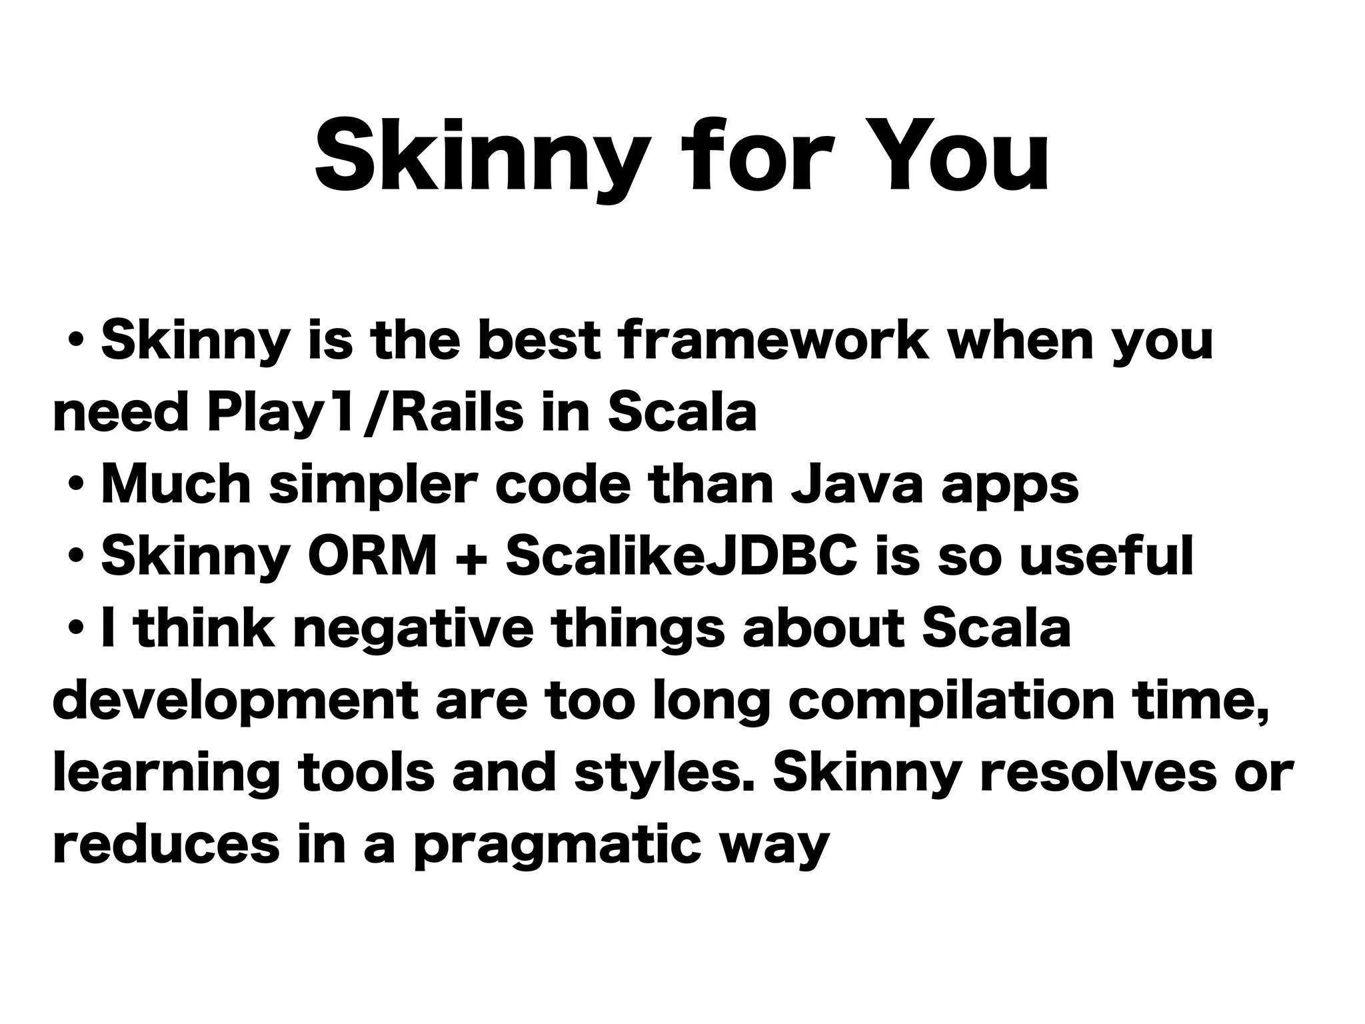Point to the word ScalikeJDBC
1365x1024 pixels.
pos(681,557)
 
